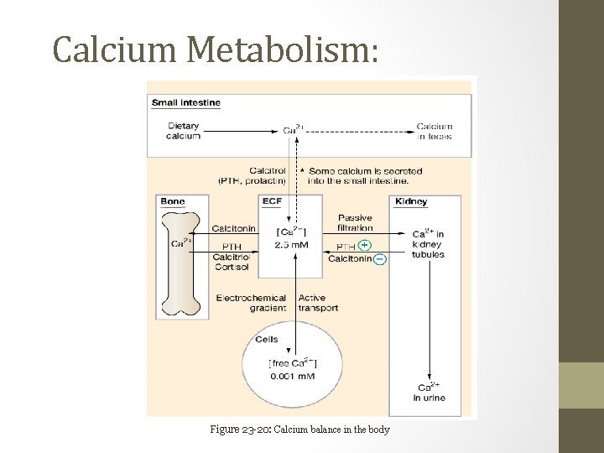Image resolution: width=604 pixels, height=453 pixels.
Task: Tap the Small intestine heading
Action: pos(186,103)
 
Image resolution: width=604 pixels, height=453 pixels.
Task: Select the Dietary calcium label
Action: pos(183,131)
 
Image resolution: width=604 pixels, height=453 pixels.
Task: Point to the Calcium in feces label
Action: pos(435,131)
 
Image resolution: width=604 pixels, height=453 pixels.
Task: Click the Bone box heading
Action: pos(173,201)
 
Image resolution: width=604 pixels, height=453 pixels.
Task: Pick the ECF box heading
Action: pos(272,201)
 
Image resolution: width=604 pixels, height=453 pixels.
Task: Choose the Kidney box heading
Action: pos(410,201)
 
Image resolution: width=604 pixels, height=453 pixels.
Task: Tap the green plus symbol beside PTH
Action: pos(364,246)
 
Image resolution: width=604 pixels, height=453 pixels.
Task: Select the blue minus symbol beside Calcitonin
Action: pos(380,260)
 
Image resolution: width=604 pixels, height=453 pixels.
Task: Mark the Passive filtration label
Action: pos(355,222)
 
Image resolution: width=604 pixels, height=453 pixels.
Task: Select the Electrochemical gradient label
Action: pos(252,302)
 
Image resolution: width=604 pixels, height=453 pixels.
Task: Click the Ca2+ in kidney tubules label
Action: pos(428,243)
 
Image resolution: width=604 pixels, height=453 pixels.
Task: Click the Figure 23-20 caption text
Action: pos(299,430)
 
